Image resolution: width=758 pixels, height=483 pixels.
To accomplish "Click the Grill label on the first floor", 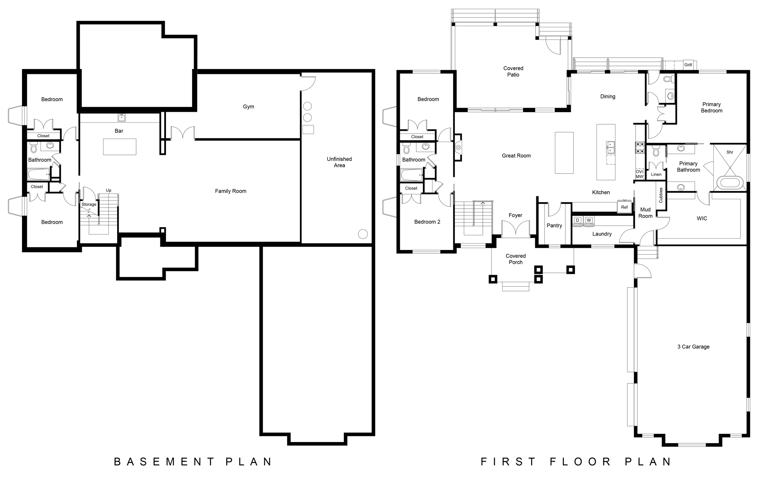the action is click(688, 65).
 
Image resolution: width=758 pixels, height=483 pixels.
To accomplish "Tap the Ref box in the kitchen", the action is click(624, 207).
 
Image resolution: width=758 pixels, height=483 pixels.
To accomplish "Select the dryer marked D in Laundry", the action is click(578, 220).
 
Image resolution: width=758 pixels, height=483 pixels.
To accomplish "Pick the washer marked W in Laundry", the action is click(589, 220).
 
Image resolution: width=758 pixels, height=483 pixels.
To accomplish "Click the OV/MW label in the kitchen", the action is click(639, 174).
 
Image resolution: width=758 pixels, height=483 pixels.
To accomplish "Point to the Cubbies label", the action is click(661, 195).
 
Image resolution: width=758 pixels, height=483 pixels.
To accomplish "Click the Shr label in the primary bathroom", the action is click(730, 152).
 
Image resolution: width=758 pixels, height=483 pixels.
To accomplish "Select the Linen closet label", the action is click(656, 175).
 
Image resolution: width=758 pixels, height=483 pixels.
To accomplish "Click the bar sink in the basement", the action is click(121, 117).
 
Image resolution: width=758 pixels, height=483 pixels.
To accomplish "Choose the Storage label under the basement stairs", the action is click(89, 205).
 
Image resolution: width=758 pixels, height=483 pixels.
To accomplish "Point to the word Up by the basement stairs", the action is click(109, 191).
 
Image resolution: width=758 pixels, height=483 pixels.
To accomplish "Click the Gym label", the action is click(249, 107).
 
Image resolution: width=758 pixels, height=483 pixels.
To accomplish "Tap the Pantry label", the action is click(554, 226).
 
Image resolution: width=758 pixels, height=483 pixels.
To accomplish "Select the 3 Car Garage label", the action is click(693, 347).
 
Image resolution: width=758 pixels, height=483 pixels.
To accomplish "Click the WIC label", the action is click(702, 219).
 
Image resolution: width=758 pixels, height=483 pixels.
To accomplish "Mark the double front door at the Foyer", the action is click(515, 230).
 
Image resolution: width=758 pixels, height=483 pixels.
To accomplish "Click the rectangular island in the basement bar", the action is click(120, 147).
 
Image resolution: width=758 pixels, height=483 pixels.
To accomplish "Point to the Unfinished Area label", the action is click(339, 162).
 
